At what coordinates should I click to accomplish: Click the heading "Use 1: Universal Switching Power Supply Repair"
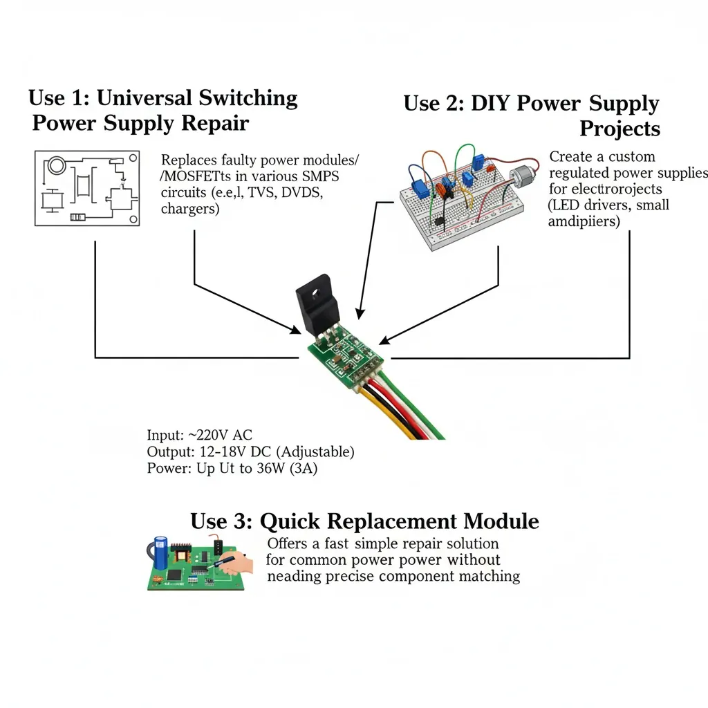(163, 111)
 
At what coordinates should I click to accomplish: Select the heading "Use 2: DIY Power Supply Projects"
(531, 115)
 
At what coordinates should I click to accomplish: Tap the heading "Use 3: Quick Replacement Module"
(364, 520)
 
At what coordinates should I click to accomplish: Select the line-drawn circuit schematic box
(87, 187)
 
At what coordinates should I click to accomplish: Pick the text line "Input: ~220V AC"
(200, 435)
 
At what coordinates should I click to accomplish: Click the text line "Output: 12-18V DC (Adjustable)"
(250, 451)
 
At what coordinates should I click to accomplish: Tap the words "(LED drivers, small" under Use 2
(608, 205)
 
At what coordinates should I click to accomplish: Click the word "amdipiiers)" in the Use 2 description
(584, 221)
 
